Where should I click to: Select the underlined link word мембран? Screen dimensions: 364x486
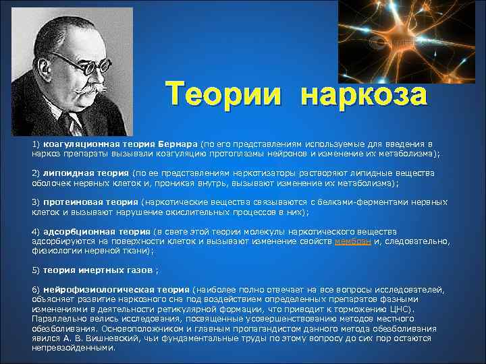click(x=352, y=241)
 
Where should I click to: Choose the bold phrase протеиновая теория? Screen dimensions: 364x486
click(x=90, y=202)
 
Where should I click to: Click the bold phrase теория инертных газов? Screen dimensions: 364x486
click(x=99, y=270)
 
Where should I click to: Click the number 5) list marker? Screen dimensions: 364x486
click(x=36, y=270)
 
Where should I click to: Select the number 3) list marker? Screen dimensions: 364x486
click(x=36, y=202)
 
